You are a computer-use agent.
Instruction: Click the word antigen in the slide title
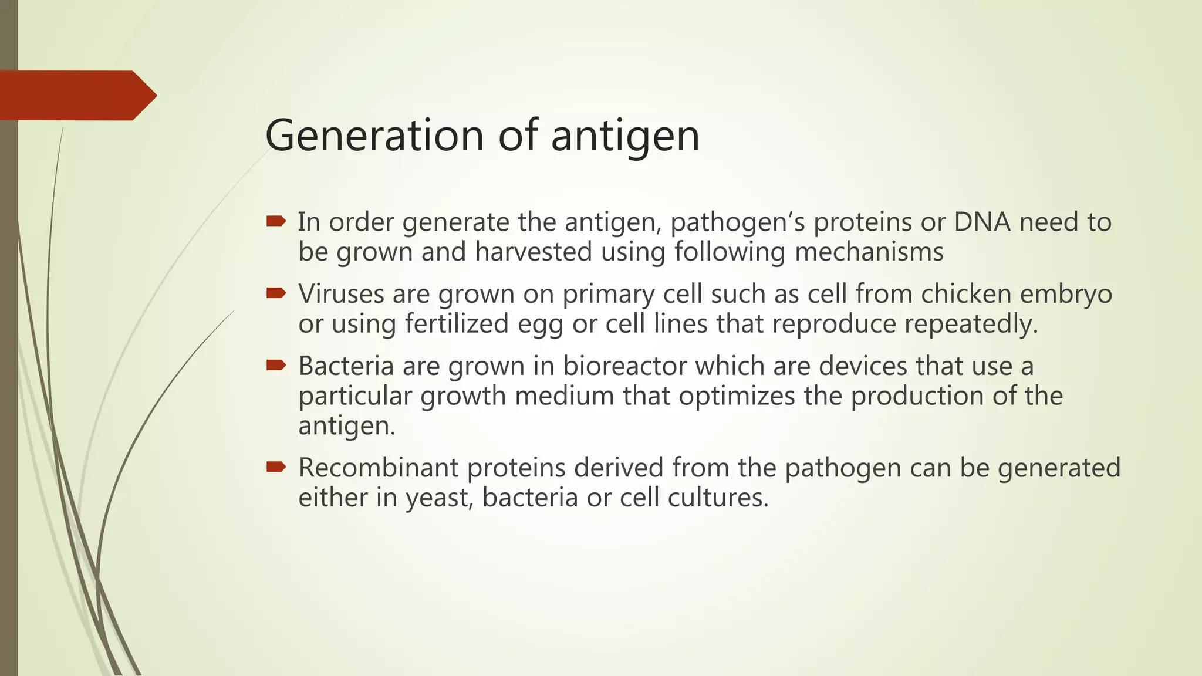tap(625, 137)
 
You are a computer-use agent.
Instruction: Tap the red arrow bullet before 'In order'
tap(276, 221)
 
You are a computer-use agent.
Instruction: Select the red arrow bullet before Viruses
tap(276, 293)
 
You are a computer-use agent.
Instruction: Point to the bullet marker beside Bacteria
tap(276, 366)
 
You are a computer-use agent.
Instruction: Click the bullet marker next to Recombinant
tap(276, 467)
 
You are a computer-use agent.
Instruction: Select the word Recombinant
tap(378, 468)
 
